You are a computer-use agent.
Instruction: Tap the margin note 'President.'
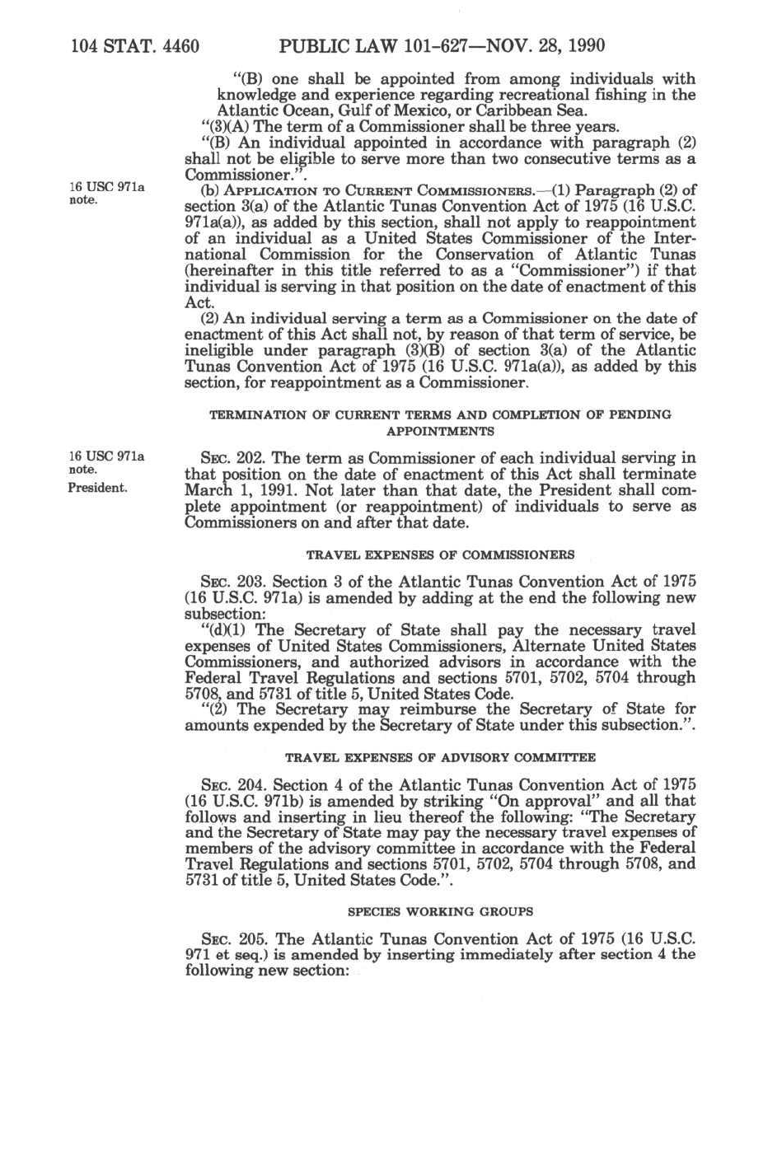(97, 487)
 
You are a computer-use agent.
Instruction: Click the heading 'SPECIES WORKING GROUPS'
(440, 912)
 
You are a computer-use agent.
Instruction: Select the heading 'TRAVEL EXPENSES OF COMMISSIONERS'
(440, 555)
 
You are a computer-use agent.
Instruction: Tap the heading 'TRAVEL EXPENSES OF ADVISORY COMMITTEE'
(440, 757)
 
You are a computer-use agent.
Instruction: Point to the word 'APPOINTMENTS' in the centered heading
(440, 431)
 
